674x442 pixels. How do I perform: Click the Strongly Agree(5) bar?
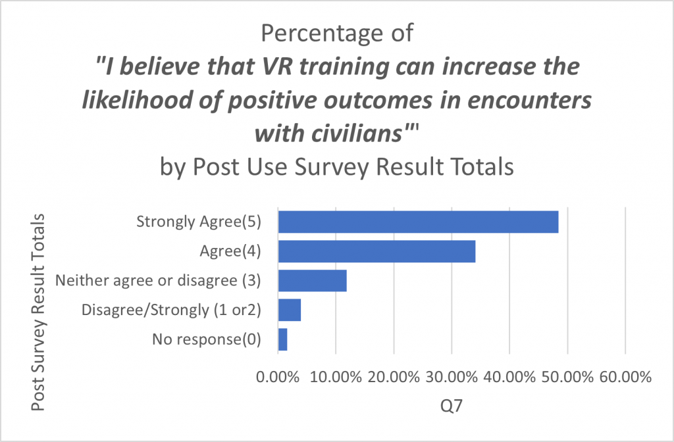pyautogui.click(x=418, y=222)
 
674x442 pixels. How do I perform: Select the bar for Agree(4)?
pyautogui.click(x=376, y=252)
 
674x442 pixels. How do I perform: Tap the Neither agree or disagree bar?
pyautogui.click(x=312, y=281)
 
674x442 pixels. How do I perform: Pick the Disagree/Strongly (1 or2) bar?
pyautogui.click(x=290, y=310)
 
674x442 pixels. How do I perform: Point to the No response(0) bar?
pyautogui.click(x=282, y=339)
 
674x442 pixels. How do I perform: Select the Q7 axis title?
pyautogui.click(x=451, y=407)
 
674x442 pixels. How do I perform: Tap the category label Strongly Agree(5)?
pyautogui.click(x=199, y=222)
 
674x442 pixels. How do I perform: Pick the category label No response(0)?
pyautogui.click(x=207, y=339)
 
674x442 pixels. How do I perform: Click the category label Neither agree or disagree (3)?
pyautogui.click(x=159, y=281)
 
